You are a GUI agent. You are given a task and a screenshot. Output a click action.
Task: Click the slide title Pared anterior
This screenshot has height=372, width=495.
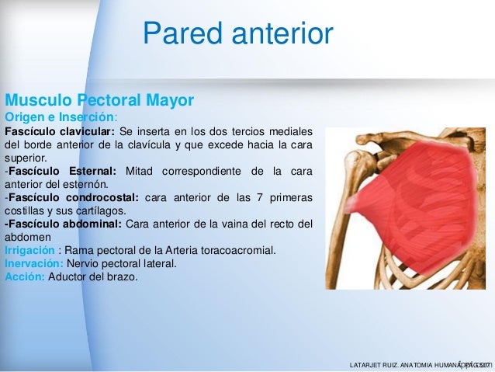[x=238, y=33]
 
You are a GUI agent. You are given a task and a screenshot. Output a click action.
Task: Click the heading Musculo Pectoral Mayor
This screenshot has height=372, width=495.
[x=99, y=101]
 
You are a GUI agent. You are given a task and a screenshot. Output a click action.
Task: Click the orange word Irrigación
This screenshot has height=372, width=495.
[x=29, y=250]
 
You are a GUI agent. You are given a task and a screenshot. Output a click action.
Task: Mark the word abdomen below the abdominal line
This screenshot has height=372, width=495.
[x=28, y=237]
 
